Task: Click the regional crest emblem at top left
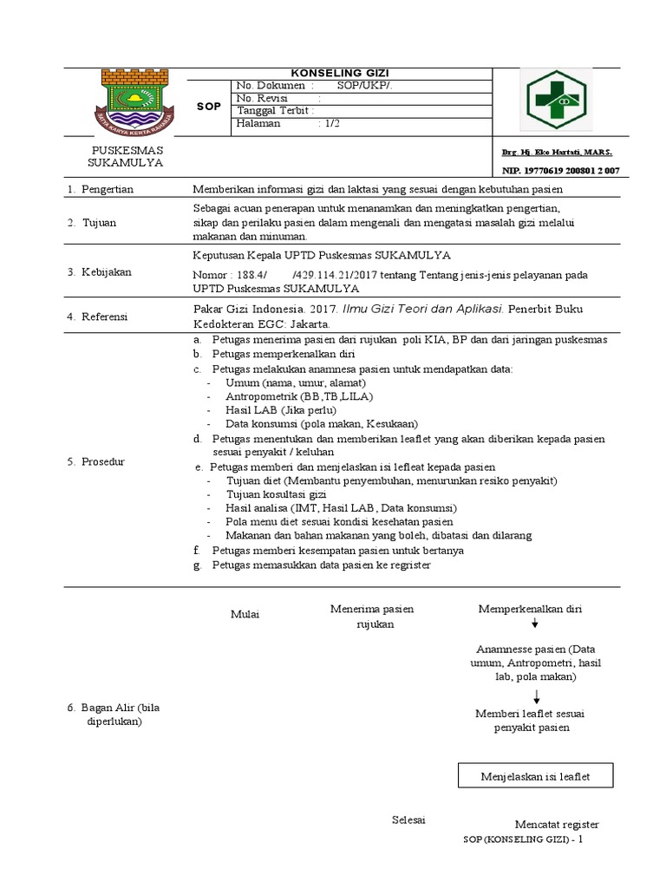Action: coord(134,101)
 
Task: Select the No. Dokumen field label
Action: coord(272,86)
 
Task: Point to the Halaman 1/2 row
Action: coord(286,124)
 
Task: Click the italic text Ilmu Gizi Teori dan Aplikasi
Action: coord(424,309)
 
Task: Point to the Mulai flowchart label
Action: coord(245,614)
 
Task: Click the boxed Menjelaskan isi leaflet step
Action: coord(535,776)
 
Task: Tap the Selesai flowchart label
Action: coord(408,819)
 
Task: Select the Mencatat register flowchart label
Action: coord(557,824)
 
